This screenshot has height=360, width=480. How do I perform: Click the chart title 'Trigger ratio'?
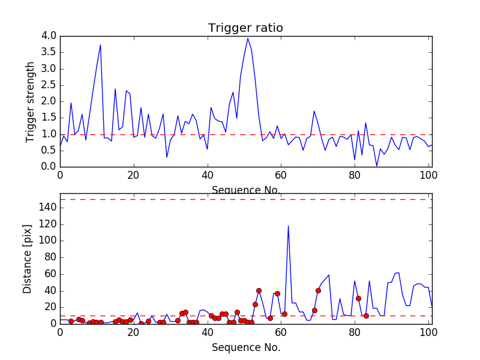245,28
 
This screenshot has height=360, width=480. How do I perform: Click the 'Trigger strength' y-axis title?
31,102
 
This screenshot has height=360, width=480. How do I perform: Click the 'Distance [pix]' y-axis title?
28,259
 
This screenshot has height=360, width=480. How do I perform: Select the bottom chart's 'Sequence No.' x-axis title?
245,347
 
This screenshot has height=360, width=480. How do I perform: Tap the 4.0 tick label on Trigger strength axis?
49,36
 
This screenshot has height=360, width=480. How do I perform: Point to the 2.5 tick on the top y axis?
49,85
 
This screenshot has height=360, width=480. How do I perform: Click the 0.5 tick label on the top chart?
49,151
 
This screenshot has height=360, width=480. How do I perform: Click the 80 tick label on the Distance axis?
49,257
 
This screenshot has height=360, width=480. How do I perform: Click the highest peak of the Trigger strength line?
248,38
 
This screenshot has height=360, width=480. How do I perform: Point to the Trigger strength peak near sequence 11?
100,45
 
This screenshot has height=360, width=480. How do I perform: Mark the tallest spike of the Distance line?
288,226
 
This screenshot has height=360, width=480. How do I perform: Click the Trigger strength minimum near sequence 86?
377,166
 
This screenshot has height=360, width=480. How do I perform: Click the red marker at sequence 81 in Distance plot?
358,298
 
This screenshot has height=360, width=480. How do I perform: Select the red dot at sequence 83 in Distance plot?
365,316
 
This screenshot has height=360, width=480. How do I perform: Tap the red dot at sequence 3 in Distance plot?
71,321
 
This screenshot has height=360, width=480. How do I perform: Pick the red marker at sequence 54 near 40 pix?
259,290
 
